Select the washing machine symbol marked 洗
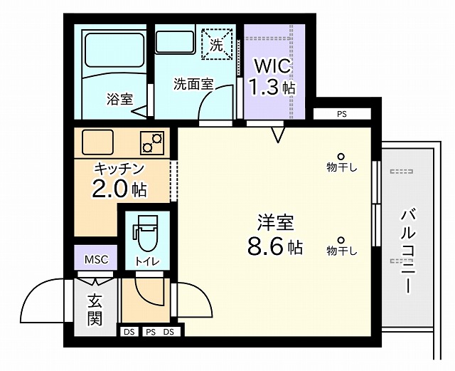click(217, 44)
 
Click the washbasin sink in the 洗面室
click(175, 42)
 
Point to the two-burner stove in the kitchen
click(152, 142)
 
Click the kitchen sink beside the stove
click(97, 142)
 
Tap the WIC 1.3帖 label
click(273, 77)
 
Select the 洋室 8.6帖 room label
click(274, 235)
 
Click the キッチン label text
click(119, 168)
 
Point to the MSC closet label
click(97, 259)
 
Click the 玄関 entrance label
click(95, 310)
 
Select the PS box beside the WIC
click(343, 114)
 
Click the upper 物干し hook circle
click(341, 157)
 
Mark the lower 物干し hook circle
click(341, 241)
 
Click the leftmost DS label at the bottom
click(129, 332)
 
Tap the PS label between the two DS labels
click(151, 332)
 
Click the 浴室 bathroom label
click(120, 99)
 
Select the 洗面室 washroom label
click(193, 84)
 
